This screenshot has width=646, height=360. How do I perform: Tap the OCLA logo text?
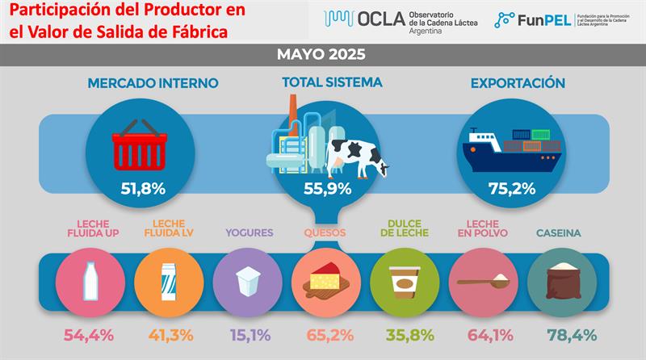pos(380,19)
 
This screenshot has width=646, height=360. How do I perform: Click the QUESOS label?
pos(325,233)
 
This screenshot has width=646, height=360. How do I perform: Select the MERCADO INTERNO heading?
pos(141,83)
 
